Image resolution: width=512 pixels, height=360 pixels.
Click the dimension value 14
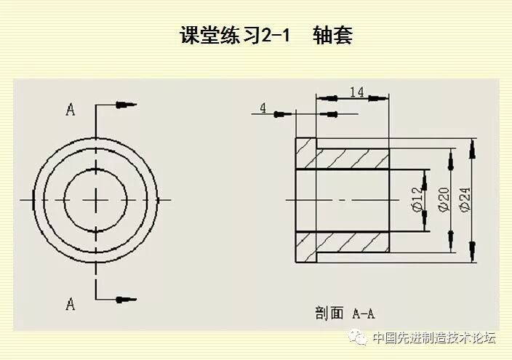[356, 92]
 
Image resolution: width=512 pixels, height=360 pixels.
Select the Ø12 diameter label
[417, 199]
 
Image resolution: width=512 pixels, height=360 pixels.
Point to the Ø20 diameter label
[444, 199]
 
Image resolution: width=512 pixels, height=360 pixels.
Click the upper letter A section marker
[71, 110]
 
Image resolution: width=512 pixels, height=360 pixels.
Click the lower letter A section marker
[71, 303]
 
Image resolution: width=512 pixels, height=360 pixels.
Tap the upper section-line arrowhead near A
[127, 105]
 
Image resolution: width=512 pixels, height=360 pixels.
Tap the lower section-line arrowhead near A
[127, 297]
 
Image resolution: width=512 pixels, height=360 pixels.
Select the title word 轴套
[332, 36]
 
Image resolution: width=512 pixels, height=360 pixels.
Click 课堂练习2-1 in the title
[234, 36]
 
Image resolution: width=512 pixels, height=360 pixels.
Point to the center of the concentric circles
[96, 199]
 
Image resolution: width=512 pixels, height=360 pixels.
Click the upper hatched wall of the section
[353, 160]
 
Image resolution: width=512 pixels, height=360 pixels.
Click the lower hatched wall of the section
[353, 241]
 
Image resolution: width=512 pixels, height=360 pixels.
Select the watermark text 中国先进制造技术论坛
[433, 337]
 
